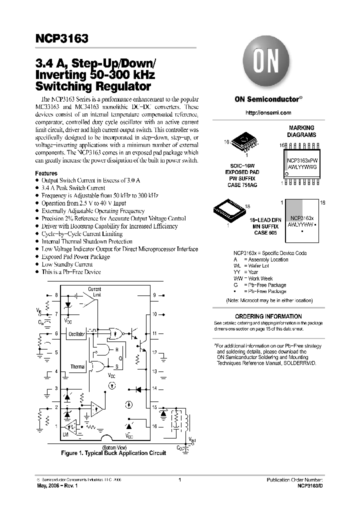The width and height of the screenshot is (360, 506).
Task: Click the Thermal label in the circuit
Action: [x=77, y=367]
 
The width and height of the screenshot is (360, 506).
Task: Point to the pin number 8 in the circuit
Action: [x=56, y=295]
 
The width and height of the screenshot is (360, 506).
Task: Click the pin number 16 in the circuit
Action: [x=154, y=426]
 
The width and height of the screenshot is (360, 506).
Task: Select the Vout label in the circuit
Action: [x=193, y=439]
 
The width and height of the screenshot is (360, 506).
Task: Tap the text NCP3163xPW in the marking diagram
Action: [x=302, y=161]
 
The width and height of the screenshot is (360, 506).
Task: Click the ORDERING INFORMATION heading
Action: [x=268, y=316]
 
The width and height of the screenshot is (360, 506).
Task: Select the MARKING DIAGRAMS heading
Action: [x=302, y=131]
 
